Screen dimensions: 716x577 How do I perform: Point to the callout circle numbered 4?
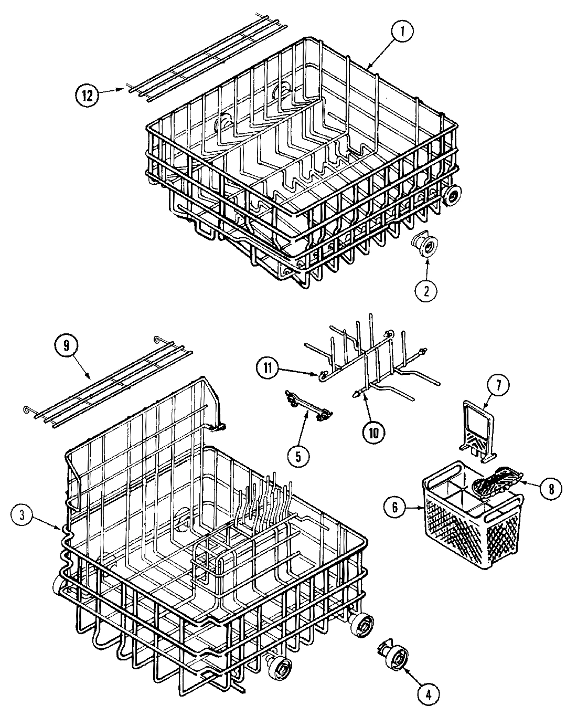[428, 694]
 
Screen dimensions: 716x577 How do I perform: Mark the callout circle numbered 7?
[498, 386]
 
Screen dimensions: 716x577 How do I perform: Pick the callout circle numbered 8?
[549, 488]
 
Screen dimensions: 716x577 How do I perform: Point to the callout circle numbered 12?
[87, 95]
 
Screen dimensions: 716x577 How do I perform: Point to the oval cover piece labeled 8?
[497, 479]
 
